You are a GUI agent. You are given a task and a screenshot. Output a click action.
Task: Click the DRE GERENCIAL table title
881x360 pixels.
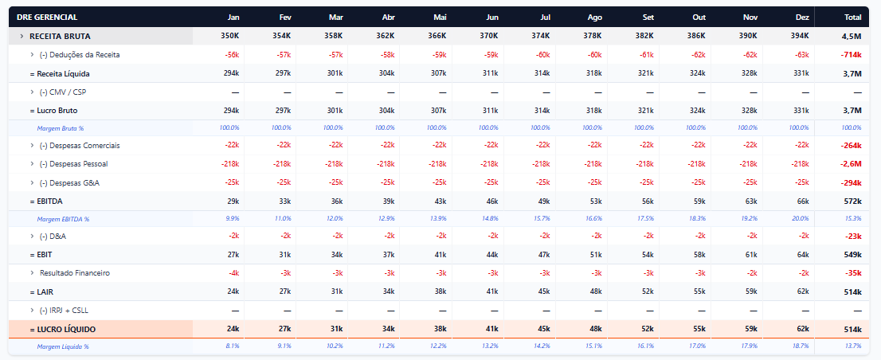(47, 18)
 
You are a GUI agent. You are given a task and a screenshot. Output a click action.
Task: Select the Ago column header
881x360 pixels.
(595, 18)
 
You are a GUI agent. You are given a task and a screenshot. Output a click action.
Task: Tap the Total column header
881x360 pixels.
(853, 18)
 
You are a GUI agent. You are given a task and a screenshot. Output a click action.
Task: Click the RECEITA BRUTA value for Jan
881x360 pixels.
(230, 36)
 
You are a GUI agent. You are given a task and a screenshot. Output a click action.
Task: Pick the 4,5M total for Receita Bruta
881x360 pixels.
(852, 36)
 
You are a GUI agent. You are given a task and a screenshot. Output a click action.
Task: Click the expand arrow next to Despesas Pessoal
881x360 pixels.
(32, 164)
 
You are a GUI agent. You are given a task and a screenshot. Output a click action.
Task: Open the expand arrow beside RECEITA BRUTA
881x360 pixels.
(22, 36)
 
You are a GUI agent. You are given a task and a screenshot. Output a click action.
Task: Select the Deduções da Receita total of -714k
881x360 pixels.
(852, 55)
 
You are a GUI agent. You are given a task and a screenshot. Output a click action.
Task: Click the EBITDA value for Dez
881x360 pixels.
(802, 201)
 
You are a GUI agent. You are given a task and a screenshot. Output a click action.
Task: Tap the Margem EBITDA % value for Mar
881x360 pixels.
(333, 219)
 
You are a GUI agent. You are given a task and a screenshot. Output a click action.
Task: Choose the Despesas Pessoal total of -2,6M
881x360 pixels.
(852, 164)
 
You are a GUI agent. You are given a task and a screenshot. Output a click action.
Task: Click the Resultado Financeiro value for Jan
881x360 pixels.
(234, 273)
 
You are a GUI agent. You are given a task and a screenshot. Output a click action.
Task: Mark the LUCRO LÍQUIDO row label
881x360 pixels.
(62, 329)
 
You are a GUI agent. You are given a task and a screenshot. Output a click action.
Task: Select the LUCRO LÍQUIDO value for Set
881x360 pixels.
(647, 329)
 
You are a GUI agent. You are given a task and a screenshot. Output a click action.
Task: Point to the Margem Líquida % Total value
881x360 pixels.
(853, 346)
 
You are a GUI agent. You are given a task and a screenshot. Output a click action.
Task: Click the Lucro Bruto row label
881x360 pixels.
(53, 111)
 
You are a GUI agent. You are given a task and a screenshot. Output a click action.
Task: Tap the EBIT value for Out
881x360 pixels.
(699, 254)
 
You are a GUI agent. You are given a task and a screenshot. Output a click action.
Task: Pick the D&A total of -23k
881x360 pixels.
(853, 237)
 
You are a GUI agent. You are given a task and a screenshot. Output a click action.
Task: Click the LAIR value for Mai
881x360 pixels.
(440, 292)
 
